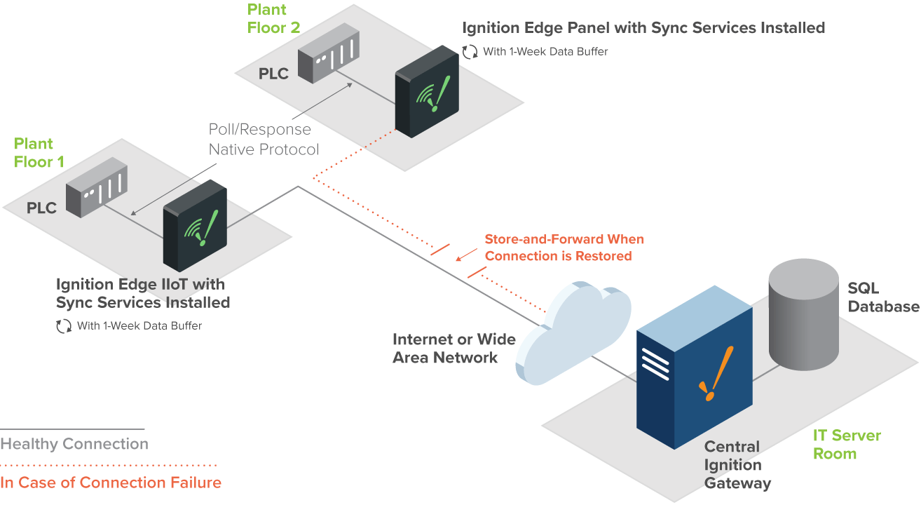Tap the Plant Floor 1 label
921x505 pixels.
(39, 153)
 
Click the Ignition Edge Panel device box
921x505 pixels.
(426, 92)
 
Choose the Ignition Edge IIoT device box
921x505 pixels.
(195, 226)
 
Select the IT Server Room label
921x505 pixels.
(846, 445)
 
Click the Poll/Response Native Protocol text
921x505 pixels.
(264, 140)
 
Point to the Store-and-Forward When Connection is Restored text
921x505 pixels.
(564, 248)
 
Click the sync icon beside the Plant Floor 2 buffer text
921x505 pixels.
(470, 51)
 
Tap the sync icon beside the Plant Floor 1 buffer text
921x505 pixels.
(64, 325)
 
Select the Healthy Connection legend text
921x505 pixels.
(74, 444)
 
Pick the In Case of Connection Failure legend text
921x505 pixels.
(111, 483)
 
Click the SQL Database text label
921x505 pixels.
(882, 297)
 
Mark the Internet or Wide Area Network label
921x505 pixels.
(453, 349)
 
